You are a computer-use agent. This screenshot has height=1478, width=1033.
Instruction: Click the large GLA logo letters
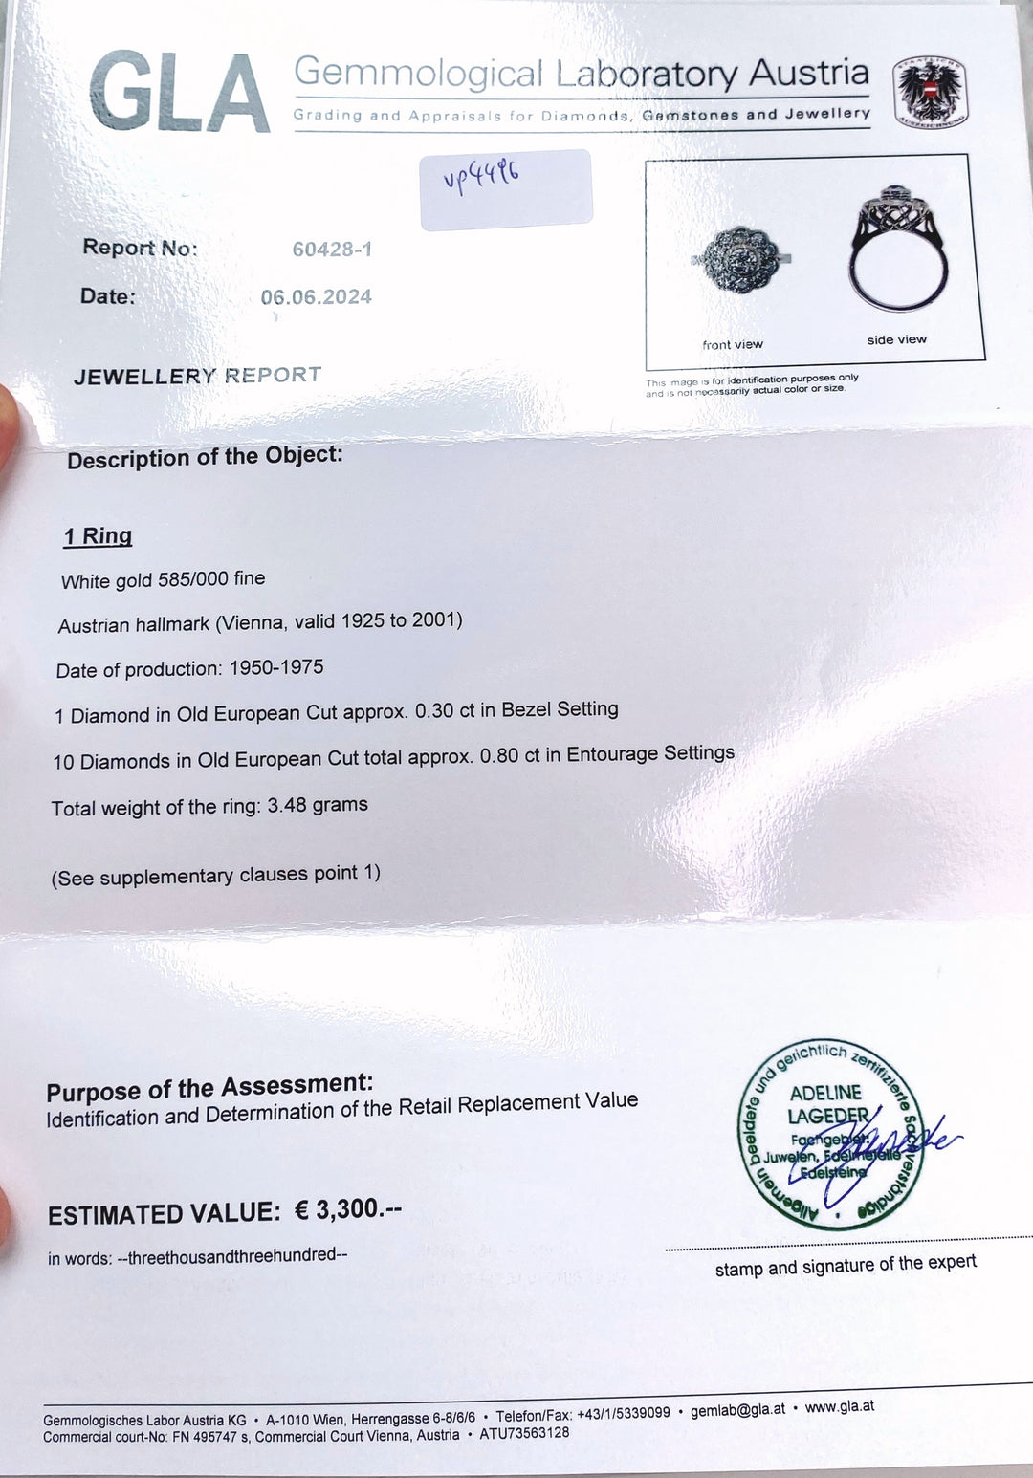tap(179, 94)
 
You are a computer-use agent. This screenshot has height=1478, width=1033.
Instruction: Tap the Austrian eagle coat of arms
tap(929, 93)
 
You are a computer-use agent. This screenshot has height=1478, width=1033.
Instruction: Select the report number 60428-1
tap(332, 250)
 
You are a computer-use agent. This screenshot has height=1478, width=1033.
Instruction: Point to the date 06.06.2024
tap(316, 297)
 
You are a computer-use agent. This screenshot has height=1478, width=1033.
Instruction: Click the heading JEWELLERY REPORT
tap(197, 376)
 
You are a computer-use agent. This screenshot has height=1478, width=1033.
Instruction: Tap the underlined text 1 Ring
tap(98, 536)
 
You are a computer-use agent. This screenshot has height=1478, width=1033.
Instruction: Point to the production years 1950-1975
tap(276, 667)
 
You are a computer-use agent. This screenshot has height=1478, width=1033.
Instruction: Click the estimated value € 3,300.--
tap(347, 1209)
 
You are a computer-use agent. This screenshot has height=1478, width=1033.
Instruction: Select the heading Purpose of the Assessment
tap(209, 1088)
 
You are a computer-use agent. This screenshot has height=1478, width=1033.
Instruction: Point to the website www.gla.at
tap(839, 1406)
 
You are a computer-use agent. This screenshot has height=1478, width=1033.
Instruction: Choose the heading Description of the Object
tap(205, 457)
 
